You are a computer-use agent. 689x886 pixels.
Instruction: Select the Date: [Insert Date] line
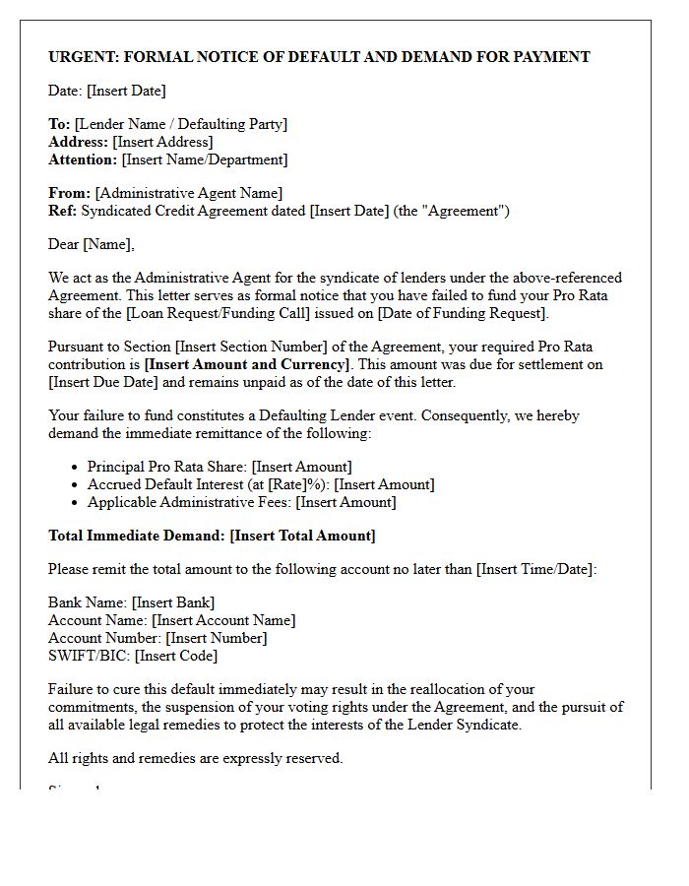107,91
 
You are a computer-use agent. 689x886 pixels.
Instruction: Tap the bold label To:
59,124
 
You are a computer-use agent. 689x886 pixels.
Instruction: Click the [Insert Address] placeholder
162,142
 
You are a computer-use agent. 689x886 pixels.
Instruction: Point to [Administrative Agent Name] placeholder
188,193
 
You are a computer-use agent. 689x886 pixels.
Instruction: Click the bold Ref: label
62,211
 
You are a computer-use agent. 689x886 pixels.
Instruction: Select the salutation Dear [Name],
92,244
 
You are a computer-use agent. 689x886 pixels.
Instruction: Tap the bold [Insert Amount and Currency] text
247,364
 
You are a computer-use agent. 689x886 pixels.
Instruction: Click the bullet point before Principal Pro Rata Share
76,468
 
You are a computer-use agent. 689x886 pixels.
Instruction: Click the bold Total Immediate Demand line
212,536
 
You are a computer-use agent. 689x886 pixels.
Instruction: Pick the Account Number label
104,638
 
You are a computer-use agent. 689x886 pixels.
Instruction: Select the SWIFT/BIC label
89,656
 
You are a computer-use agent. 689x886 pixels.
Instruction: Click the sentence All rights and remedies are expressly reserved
195,758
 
